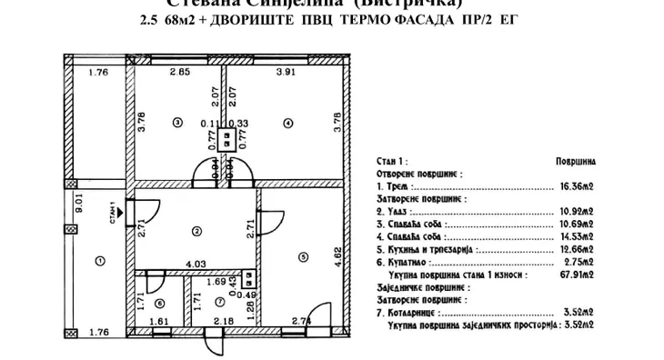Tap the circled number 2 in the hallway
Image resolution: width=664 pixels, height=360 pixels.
[x=196, y=231]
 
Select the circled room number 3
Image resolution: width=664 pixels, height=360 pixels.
[x=176, y=123]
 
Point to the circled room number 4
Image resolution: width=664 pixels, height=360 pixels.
[x=287, y=123]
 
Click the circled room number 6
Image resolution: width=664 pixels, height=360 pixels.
[x=158, y=304]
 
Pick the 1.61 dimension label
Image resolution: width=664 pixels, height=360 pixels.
[x=159, y=322]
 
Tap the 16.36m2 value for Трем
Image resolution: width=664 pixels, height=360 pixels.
[x=576, y=186]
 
